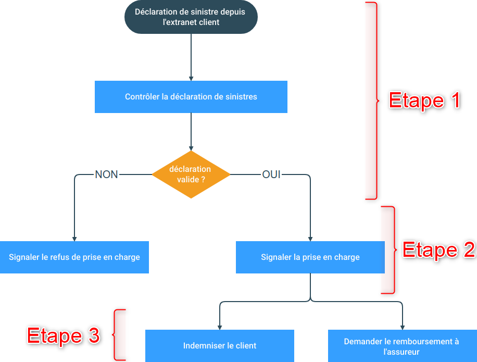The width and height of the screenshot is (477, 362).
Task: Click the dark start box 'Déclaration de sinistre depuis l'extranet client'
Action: (191, 17)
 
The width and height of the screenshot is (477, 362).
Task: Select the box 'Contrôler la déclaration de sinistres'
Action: (191, 97)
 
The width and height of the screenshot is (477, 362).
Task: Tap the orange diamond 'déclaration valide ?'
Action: (191, 174)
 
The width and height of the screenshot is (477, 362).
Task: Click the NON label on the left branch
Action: (106, 175)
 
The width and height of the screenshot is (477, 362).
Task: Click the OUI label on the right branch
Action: (271, 175)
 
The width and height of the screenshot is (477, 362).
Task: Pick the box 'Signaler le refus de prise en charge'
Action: (74, 257)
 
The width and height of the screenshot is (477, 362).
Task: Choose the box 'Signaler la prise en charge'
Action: (310, 257)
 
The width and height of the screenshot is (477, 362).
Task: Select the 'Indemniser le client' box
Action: (219, 345)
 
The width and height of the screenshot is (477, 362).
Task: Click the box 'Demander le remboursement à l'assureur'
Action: (401, 346)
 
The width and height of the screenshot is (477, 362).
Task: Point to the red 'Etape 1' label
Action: (425, 101)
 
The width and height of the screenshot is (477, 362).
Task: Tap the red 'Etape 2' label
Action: (438, 250)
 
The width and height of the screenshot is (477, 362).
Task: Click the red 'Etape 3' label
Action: (63, 335)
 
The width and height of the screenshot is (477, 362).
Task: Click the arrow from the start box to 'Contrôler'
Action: (191, 57)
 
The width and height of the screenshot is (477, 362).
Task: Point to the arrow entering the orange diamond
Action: (191, 133)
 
